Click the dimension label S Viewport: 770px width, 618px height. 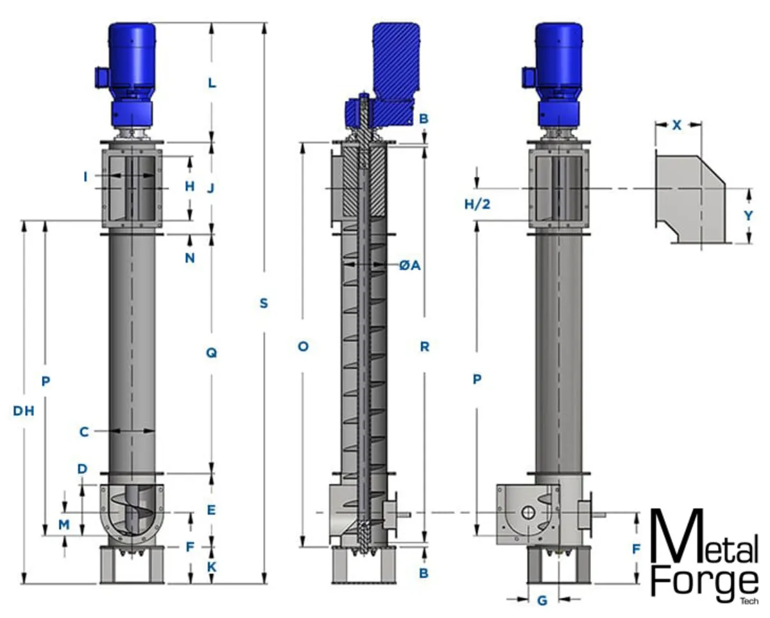coord(264,304)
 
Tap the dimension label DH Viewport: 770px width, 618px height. coord(24,411)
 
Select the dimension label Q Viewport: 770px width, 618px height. coord(212,353)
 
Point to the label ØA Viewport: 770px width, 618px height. coord(410,266)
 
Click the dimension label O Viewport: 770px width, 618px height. coord(303,347)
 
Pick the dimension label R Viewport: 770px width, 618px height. coord(424,347)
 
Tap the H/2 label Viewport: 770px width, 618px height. coord(477,204)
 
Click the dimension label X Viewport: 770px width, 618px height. coord(676,125)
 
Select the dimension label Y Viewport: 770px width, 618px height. coord(748,216)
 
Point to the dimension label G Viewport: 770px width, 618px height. coord(542,601)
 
